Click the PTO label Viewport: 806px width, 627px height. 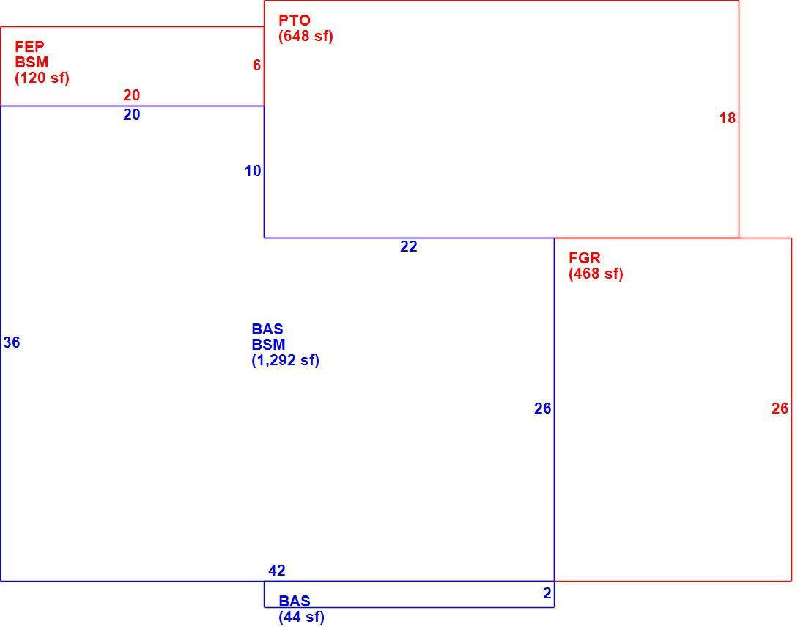click(x=295, y=21)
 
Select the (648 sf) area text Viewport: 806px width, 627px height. click(x=306, y=37)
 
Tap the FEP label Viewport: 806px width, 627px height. click(x=29, y=47)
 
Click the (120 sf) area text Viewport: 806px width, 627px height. click(x=42, y=78)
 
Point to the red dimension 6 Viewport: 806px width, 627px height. click(x=256, y=65)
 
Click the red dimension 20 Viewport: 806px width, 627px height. click(x=132, y=95)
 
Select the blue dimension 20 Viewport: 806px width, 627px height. click(x=132, y=114)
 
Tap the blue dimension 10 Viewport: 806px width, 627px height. click(x=253, y=171)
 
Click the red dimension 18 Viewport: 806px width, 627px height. click(x=728, y=118)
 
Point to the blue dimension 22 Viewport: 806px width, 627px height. click(x=409, y=246)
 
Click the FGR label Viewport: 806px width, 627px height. click(x=585, y=257)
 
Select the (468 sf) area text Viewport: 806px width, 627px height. click(x=596, y=274)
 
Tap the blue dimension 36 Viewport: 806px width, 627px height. click(x=11, y=342)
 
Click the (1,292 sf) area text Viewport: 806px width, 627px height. click(x=285, y=360)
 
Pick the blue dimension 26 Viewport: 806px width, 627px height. click(x=543, y=408)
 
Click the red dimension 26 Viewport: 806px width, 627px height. click(x=780, y=408)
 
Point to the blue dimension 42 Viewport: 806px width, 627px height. click(x=276, y=571)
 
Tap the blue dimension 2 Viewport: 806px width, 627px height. click(x=547, y=593)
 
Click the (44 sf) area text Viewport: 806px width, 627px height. click(x=301, y=617)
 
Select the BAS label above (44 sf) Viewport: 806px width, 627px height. click(x=295, y=601)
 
